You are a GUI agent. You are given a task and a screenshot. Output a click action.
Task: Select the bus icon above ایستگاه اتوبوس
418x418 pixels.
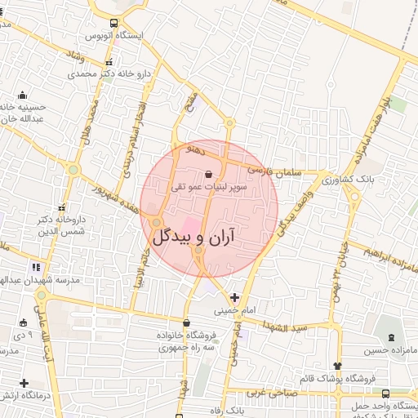pos(113,24)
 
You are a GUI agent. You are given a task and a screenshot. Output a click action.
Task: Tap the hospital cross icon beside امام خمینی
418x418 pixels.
pos(235,297)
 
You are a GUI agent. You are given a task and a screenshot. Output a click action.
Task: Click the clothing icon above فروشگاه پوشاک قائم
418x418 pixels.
pos(337,366)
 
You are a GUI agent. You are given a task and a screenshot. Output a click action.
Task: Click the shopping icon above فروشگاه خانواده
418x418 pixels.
pos(187,322)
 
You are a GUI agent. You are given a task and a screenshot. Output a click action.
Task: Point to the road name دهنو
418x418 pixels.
pos(200,151)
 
